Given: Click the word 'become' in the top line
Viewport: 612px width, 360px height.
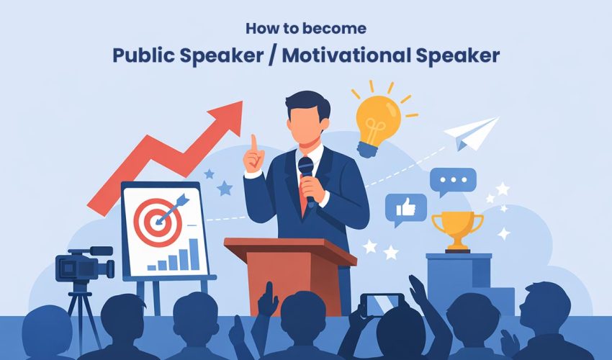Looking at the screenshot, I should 342,30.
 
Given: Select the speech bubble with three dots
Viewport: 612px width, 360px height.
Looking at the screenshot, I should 453,181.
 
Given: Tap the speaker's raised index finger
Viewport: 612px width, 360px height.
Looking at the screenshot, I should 253,141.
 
